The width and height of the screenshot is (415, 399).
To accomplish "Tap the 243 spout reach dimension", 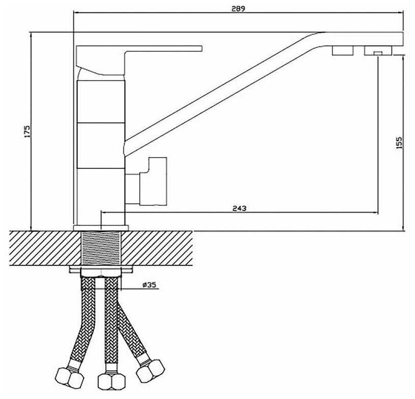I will [239, 208].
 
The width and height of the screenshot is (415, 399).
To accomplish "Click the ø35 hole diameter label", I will [150, 285].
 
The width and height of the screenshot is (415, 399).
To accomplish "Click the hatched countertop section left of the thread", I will [41, 248].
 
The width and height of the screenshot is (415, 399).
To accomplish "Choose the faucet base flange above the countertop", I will [101, 227].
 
